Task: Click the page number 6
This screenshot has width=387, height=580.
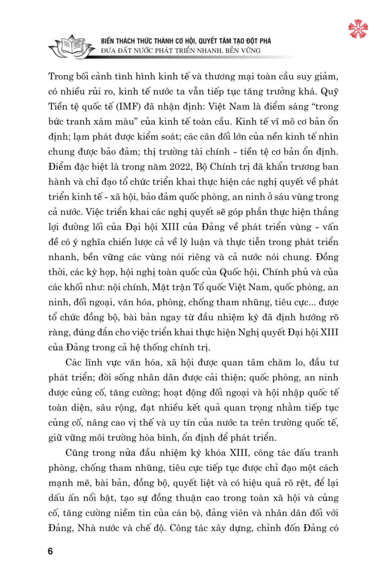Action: [50, 551]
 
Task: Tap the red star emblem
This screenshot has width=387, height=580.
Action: [358, 29]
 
